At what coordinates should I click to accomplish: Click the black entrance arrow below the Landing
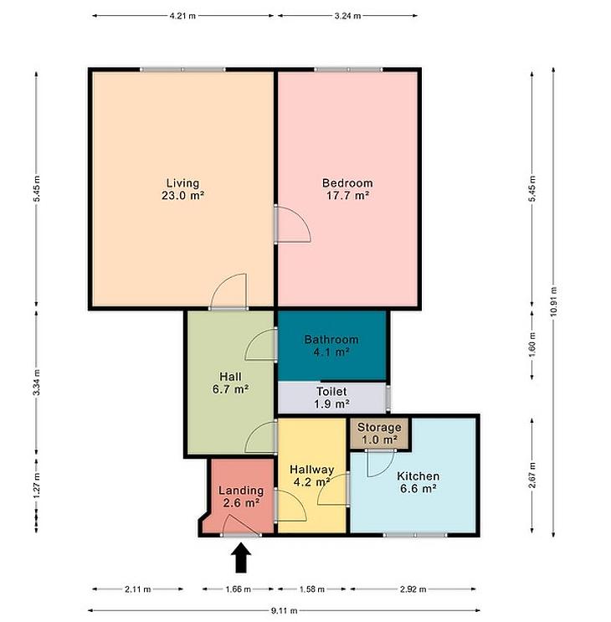coord(241,558)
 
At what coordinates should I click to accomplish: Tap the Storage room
coord(379,433)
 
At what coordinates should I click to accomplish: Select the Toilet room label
coord(331,392)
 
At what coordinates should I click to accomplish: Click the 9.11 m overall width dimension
coord(284,610)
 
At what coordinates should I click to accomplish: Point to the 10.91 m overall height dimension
coord(553,301)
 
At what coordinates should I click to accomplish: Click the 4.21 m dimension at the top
coord(182,16)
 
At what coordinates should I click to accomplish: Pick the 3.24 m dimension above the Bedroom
coord(347,16)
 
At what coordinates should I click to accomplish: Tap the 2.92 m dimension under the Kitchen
coord(413,589)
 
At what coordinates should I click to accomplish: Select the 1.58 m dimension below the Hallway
coord(312,589)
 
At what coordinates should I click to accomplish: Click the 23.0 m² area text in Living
coord(182,196)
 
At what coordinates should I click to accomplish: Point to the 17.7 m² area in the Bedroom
coord(347,196)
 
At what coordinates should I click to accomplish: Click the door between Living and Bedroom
coord(292,224)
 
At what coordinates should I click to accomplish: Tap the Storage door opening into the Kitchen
coord(380,463)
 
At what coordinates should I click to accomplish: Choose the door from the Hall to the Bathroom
coord(261,344)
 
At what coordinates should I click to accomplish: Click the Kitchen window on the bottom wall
coord(415,535)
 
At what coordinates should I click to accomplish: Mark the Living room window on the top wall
coord(182,69)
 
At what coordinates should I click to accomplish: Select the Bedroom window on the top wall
coord(348,69)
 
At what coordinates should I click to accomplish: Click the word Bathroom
coord(331,340)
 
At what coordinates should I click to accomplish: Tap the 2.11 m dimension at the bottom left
coord(137,589)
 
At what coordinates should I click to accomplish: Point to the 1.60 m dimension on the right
coord(532,344)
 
